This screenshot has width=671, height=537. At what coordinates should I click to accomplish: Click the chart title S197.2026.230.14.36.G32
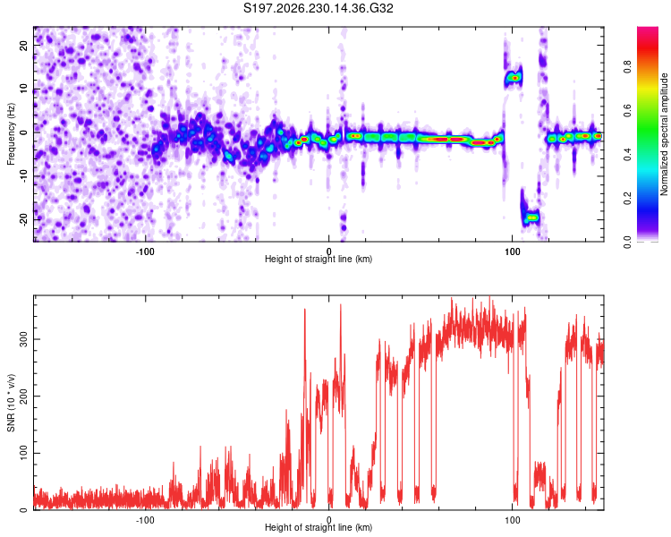coord(318,8)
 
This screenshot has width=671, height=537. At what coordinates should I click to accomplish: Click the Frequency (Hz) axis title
coord(11,134)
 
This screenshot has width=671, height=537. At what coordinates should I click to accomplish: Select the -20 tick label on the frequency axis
coord(24,219)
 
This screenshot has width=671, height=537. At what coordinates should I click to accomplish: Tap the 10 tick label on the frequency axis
coord(24,89)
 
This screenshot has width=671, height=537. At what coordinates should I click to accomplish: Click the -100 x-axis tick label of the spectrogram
coord(145,251)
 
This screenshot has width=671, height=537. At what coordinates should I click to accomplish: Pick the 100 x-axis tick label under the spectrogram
coord(513,251)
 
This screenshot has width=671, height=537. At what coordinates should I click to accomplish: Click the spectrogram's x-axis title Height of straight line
coord(319,259)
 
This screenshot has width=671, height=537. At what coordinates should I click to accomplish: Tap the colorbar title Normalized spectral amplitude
coord(664,134)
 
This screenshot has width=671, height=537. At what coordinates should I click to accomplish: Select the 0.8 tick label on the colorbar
coord(627,67)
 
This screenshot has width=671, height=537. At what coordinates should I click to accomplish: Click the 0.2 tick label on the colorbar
coord(627,199)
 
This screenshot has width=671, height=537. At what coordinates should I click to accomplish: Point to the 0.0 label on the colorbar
coord(627,242)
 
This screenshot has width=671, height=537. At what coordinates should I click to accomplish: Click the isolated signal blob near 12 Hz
coord(514,78)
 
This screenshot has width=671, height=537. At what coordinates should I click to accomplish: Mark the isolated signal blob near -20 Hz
coord(531,217)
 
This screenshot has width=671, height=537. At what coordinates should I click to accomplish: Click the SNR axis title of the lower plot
coord(11,403)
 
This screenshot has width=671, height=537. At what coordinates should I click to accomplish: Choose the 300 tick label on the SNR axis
coord(24,339)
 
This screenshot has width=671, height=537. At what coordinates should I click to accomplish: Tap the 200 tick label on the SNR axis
coord(24,396)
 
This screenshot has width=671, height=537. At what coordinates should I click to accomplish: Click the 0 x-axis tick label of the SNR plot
coord(328,520)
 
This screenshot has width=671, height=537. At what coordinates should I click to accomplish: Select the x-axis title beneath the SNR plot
coord(319,527)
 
